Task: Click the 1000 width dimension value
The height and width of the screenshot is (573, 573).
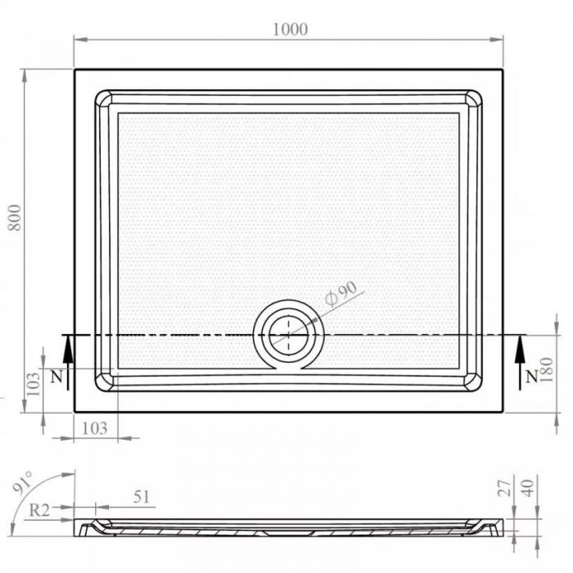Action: [290, 29]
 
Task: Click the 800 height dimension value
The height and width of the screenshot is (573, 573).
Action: [15, 217]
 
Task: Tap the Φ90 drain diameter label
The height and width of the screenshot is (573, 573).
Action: [341, 293]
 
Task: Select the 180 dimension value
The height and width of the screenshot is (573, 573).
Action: [546, 370]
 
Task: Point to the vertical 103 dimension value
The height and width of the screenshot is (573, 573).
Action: [34, 384]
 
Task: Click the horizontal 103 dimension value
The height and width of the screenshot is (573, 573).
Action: [94, 428]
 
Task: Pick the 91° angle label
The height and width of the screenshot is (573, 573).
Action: [23, 481]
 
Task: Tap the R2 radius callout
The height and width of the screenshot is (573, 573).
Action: [39, 510]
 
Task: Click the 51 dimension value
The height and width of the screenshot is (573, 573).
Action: [142, 497]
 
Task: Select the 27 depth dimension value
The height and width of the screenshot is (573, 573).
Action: [505, 488]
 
